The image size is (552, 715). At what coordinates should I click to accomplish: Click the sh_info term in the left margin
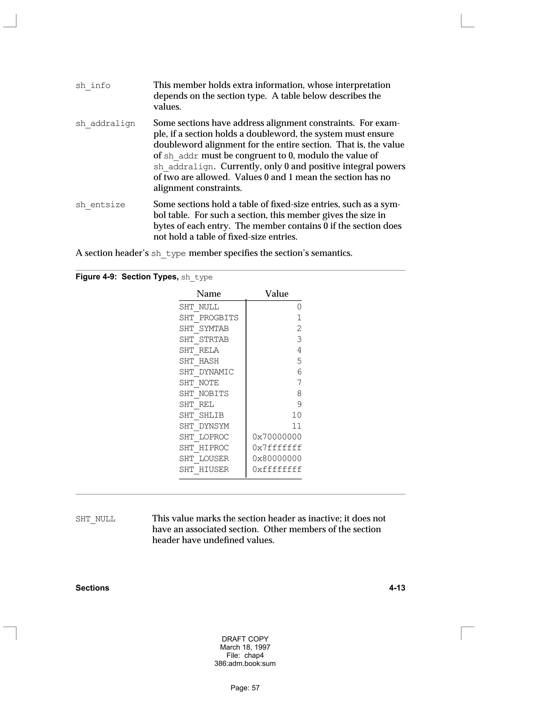93,86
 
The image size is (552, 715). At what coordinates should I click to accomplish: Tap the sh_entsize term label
100,205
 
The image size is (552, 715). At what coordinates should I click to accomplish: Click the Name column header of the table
209,294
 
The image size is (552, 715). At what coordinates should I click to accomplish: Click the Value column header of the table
277,294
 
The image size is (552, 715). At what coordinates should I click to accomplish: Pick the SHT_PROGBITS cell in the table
209,318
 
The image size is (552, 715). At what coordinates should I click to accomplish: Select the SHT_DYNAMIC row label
206,372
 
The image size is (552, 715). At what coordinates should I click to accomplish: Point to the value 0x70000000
277,437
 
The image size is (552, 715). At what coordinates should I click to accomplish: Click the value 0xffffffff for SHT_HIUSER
277,469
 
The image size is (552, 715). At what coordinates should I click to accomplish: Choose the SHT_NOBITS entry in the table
204,393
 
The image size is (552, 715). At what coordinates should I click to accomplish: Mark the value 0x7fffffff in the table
277,448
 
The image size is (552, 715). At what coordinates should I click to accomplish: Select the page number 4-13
397,588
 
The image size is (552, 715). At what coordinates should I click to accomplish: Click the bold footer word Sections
92,588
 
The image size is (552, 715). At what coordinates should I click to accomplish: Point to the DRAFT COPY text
245,639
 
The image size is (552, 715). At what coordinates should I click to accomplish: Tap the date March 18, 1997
245,647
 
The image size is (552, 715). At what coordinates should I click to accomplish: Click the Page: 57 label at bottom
245,688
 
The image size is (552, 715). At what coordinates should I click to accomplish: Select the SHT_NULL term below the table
95,519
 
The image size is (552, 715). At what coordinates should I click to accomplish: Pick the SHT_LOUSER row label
204,459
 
